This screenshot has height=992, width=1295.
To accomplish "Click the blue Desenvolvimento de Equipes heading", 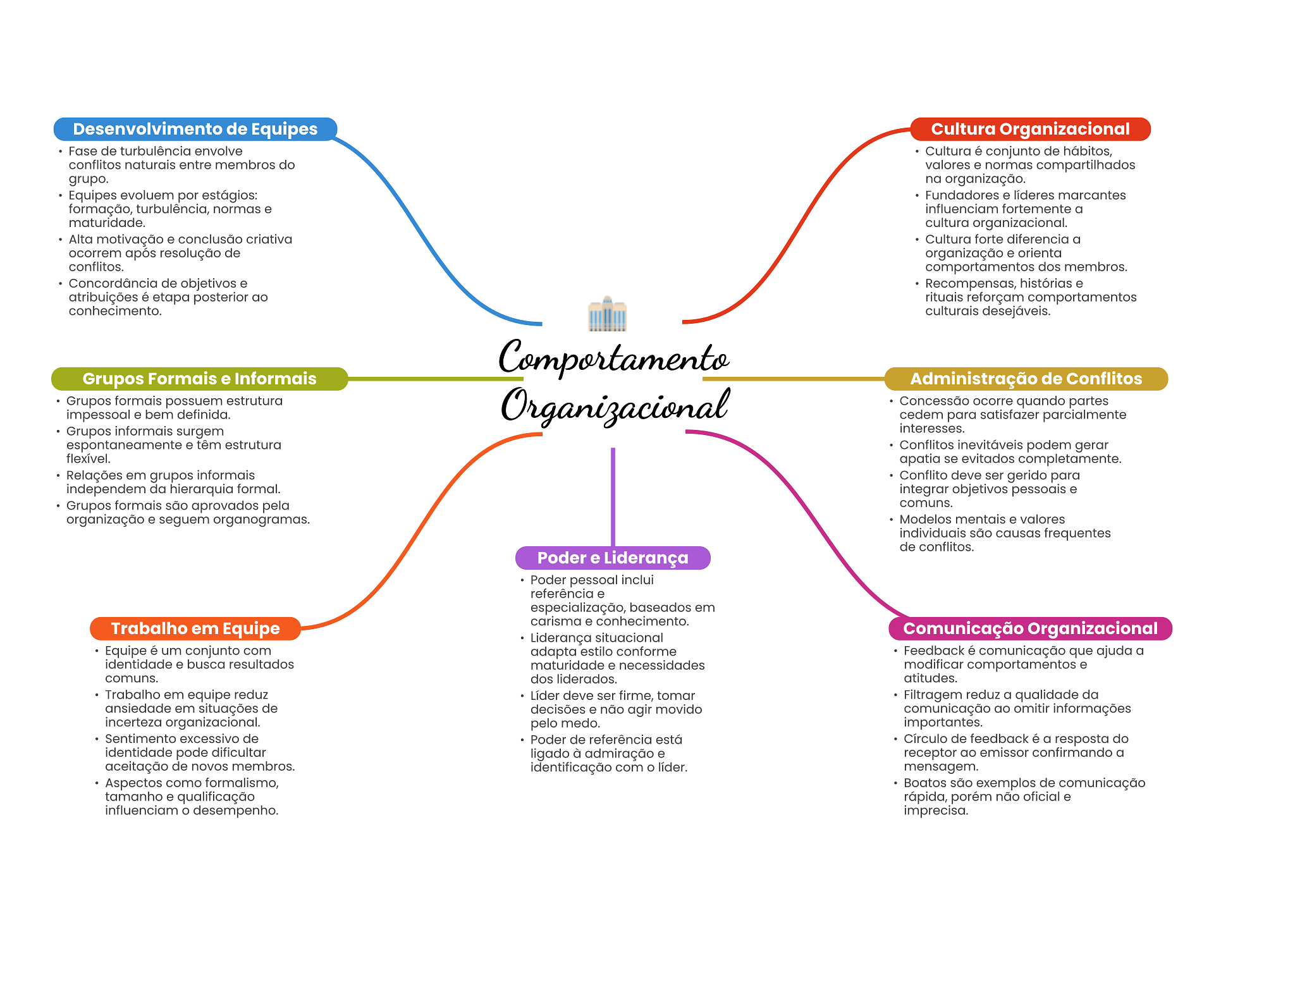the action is click(195, 129).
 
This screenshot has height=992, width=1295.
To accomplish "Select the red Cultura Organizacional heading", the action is click(1030, 129).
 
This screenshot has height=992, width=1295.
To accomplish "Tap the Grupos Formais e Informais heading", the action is click(199, 379).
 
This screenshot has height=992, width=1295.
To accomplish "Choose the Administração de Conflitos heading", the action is click(1026, 379).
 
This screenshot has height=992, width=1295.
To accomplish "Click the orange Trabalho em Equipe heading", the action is click(195, 628).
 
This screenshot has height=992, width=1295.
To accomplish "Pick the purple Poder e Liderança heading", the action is click(613, 558).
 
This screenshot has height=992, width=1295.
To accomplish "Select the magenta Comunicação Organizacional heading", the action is click(1030, 628).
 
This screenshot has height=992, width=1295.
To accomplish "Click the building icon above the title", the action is click(607, 314).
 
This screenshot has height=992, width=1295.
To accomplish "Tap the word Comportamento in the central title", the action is click(613, 358).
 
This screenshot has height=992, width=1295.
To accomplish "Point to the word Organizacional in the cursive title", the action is click(615, 405).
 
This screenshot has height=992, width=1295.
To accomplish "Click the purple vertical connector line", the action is click(613, 497).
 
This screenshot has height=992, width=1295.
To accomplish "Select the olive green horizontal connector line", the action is click(436, 379).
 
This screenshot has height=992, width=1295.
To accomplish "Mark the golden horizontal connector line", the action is click(794, 379).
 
